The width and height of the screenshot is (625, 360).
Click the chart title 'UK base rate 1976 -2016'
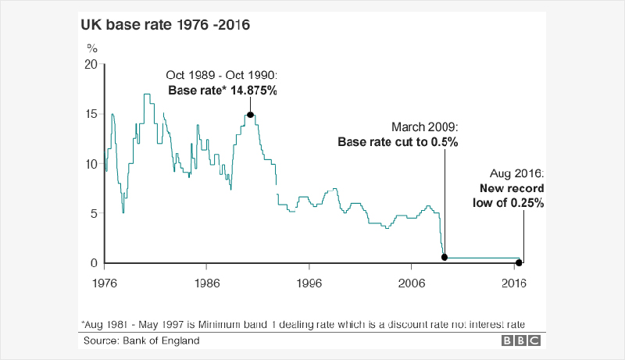pyautogui.click(x=165, y=25)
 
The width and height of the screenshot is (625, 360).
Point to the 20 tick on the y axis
pyautogui.click(x=91, y=64)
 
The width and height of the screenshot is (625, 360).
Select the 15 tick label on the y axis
pyautogui.click(x=91, y=114)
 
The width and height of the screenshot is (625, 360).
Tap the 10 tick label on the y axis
pyautogui.click(x=91, y=164)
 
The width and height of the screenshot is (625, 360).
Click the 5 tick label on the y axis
pyautogui.click(x=95, y=213)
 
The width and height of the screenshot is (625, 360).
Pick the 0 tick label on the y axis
pyautogui.click(x=95, y=263)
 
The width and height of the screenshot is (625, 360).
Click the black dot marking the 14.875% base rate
pyautogui.click(x=250, y=115)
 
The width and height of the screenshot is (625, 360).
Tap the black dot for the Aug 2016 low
pyautogui.click(x=520, y=262)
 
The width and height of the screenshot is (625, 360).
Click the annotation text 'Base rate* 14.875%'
pyautogui.click(x=223, y=91)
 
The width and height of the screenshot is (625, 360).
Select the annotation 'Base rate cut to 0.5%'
pyautogui.click(x=397, y=143)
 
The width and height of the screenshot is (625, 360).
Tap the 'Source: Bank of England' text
pyautogui.click(x=141, y=340)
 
